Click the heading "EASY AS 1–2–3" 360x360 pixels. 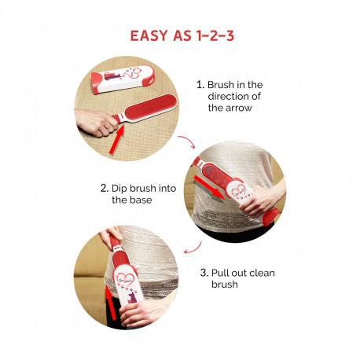(x=182, y=35)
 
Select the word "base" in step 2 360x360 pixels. (x=141, y=200)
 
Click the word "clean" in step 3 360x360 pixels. (x=262, y=273)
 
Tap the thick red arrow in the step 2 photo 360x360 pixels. (x=209, y=189)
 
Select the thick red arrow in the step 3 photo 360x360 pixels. (x=111, y=302)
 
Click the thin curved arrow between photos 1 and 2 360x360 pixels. (x=189, y=140)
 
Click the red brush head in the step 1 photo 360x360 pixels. (x=150, y=108)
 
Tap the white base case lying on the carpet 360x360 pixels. (x=123, y=79)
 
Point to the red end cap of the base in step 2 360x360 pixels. (x=270, y=217)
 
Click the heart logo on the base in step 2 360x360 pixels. (x=238, y=190)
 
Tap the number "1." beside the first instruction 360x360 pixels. (x=200, y=85)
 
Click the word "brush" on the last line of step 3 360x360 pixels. (x=225, y=285)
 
